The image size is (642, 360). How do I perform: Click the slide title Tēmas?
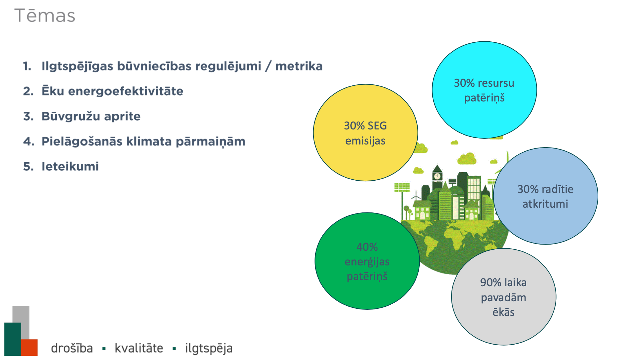[x=45, y=16]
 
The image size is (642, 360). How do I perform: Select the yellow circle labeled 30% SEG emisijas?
[x=365, y=133]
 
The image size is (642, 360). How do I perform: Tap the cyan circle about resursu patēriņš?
[x=484, y=90]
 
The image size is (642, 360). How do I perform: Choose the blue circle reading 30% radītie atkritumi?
[x=545, y=196]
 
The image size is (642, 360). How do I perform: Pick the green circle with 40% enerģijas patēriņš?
[x=367, y=261]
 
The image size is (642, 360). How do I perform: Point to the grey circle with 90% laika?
[x=504, y=297]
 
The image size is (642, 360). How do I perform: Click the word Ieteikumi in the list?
[x=70, y=167]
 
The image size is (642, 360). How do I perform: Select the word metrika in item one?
[x=299, y=66]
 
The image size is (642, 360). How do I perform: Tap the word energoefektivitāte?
[x=126, y=91]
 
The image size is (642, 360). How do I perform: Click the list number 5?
[x=28, y=167]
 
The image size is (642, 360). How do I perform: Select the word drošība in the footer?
[x=72, y=348]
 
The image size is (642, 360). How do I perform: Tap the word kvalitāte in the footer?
[x=139, y=348]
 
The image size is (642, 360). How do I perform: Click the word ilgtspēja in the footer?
[x=209, y=348]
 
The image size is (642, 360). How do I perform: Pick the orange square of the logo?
[x=29, y=347]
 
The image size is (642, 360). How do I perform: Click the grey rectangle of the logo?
[x=21, y=322]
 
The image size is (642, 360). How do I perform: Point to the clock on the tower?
[x=437, y=176]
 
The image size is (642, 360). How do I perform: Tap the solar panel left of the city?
[x=402, y=187]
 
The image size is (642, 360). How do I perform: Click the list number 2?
[x=28, y=91]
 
